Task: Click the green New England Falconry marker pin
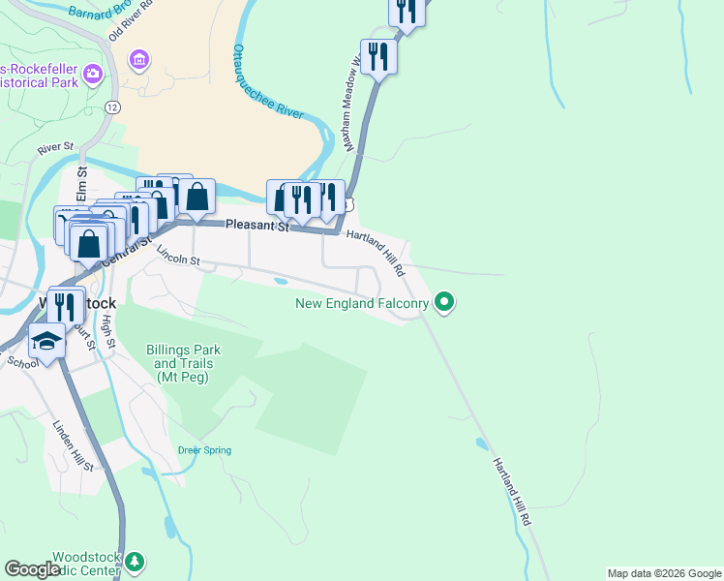click(444, 303)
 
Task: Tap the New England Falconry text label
click(362, 304)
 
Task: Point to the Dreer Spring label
click(204, 450)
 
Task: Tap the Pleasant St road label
click(257, 226)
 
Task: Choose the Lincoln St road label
click(178, 257)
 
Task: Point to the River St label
click(55, 149)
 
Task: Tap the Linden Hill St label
click(73, 446)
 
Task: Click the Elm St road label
click(82, 184)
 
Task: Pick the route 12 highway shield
click(114, 106)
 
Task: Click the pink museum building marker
click(140, 61)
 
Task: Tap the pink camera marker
click(93, 73)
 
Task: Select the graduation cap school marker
click(45, 342)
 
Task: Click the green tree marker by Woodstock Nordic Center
click(136, 562)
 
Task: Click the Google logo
click(32, 569)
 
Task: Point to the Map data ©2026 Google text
click(663, 573)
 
